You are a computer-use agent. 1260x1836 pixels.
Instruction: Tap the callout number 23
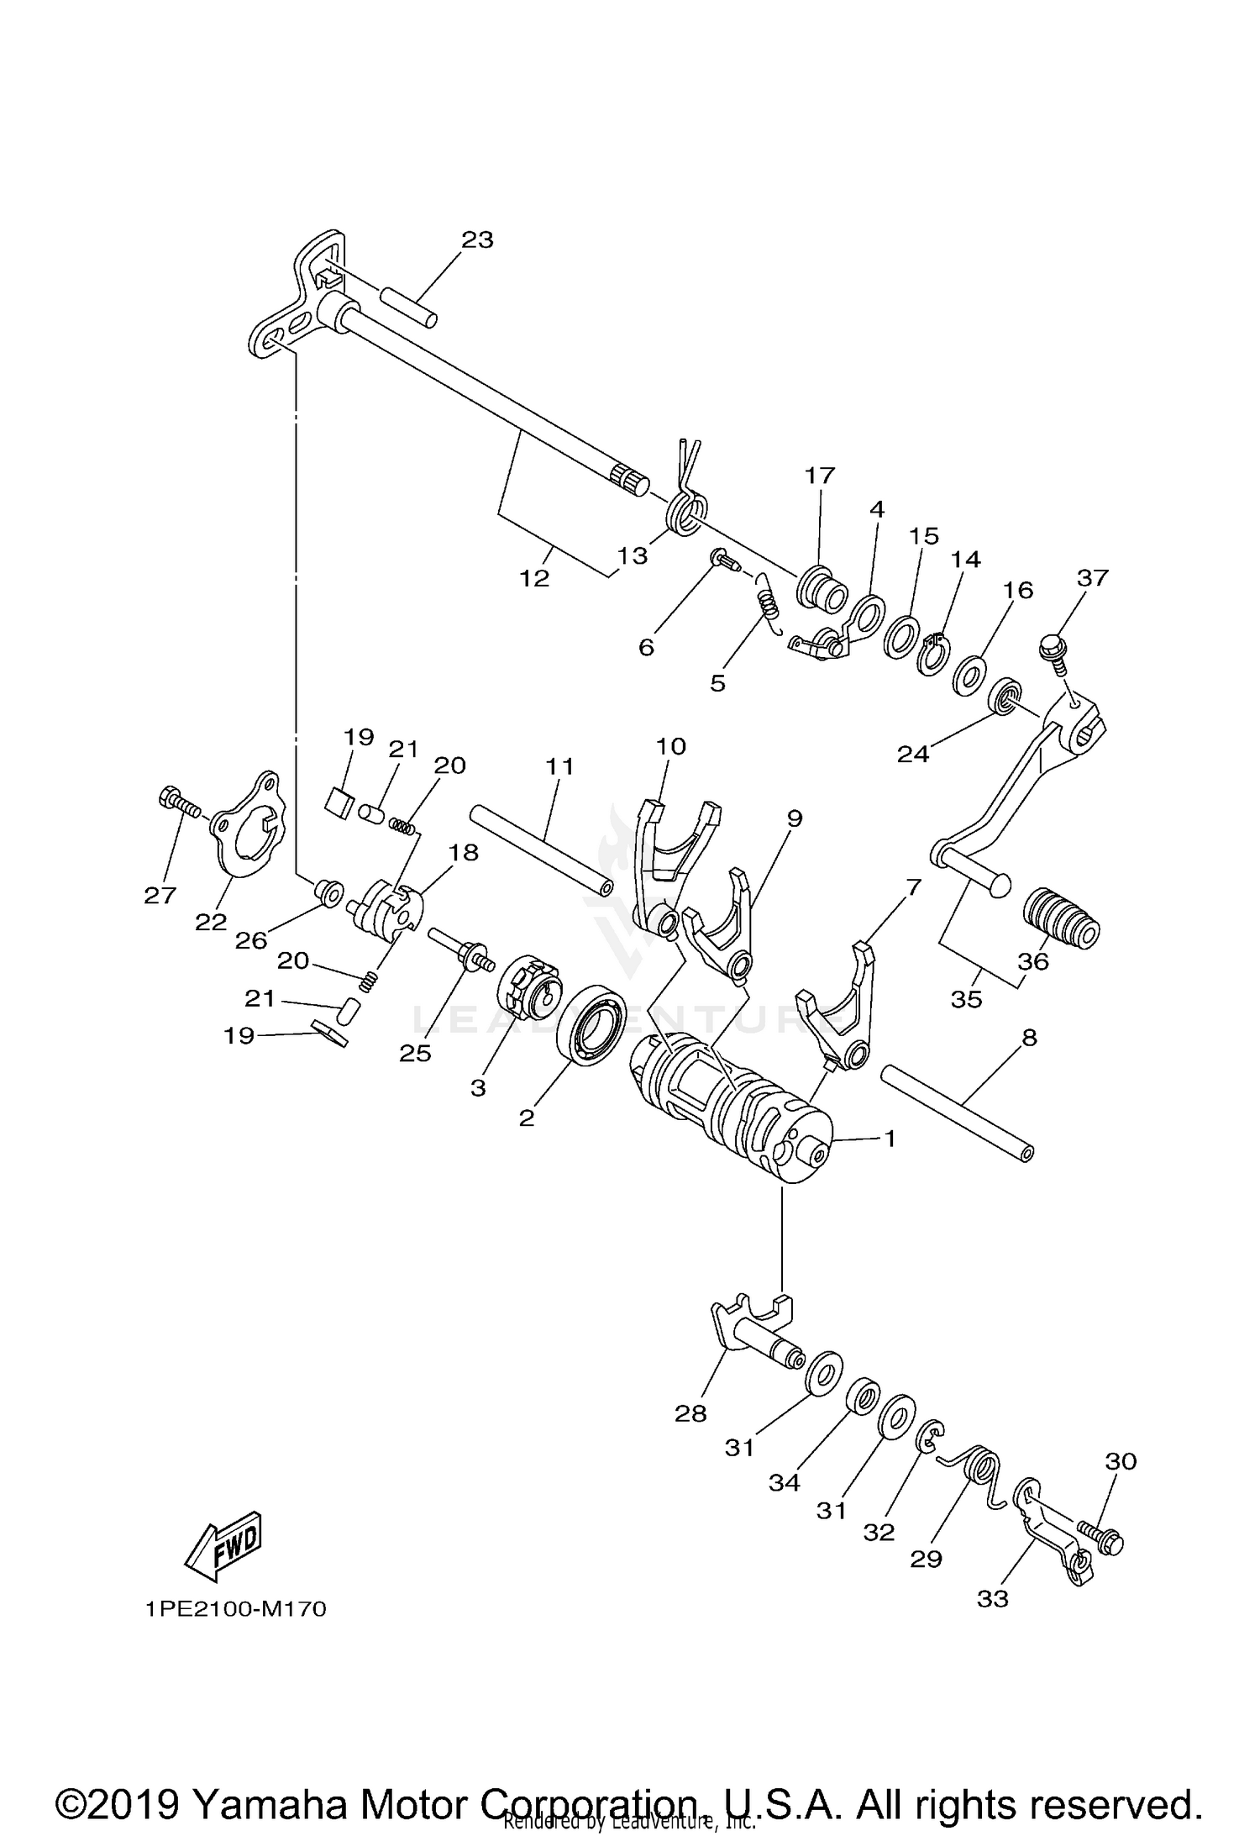click(x=477, y=239)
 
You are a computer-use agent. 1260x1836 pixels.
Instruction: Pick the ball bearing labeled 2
click(x=591, y=1024)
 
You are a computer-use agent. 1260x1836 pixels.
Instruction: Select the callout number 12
click(x=534, y=578)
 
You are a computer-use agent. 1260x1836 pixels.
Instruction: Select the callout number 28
click(x=690, y=1414)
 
